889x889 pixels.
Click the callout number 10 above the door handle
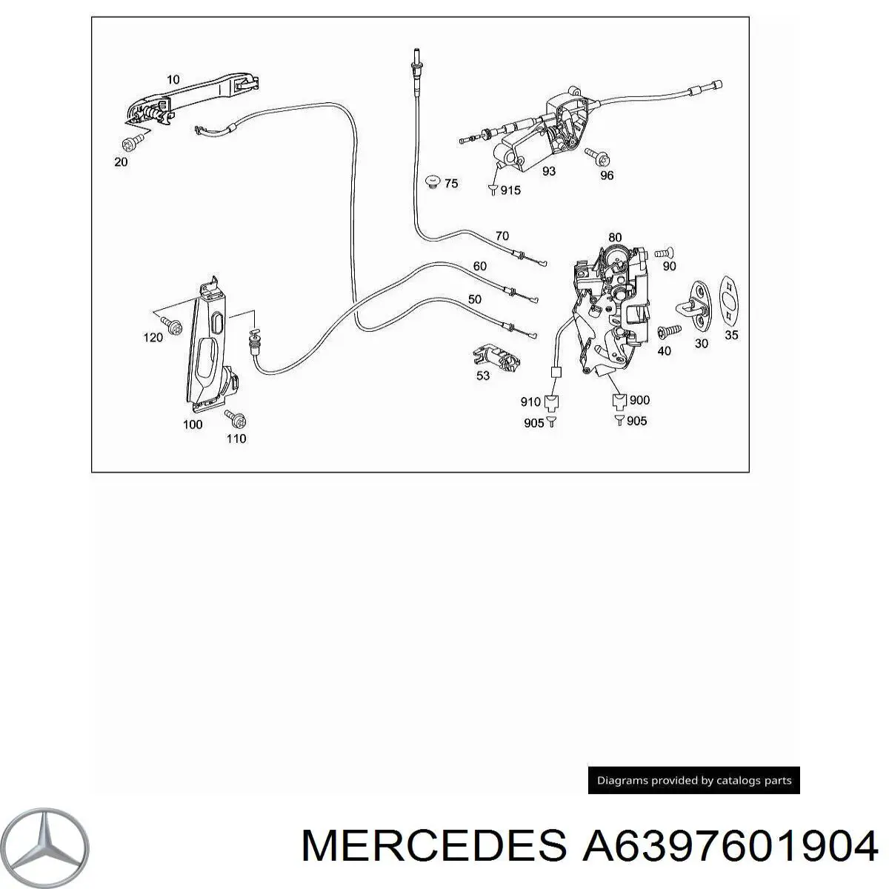tap(172, 79)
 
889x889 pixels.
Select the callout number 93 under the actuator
tap(548, 171)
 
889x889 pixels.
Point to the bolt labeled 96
tap(596, 156)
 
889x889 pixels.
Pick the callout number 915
tap(510, 190)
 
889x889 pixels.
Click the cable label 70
tap(502, 236)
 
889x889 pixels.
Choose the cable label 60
tap(479, 267)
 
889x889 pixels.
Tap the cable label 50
tap(474, 299)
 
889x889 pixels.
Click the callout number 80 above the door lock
tap(615, 238)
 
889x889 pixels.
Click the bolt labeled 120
tap(176, 324)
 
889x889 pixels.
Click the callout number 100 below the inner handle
tap(192, 424)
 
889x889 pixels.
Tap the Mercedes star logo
tap(53, 842)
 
